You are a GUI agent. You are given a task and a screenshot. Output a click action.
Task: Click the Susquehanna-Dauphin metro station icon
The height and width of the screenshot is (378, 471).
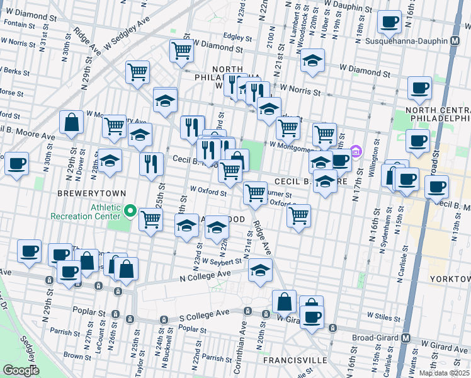point(455,41)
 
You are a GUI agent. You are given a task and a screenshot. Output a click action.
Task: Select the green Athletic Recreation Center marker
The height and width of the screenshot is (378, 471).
point(131,210)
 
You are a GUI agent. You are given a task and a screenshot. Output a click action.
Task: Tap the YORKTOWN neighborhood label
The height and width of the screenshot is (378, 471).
point(449,278)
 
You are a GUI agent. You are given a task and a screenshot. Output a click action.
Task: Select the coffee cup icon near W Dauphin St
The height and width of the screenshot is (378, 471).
point(389,21)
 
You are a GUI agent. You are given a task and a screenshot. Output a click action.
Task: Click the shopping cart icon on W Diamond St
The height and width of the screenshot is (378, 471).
point(181,50)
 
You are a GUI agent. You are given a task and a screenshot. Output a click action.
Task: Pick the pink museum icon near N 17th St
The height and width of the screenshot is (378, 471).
point(356,151)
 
